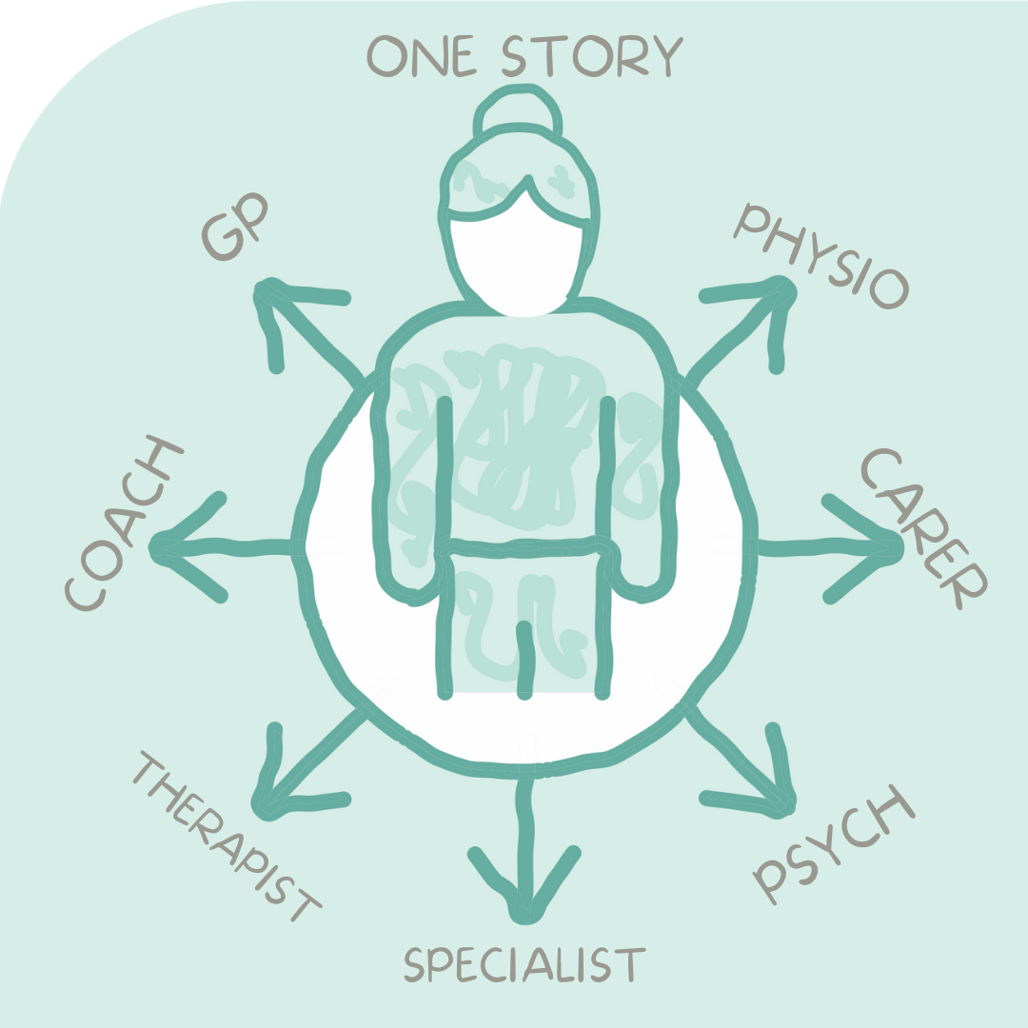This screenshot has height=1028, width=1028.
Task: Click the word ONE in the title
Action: [x=421, y=56]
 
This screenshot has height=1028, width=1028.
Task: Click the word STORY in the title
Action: [x=593, y=55]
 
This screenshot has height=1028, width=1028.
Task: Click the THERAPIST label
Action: [x=227, y=837]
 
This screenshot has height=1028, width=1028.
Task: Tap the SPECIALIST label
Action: [x=524, y=963]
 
